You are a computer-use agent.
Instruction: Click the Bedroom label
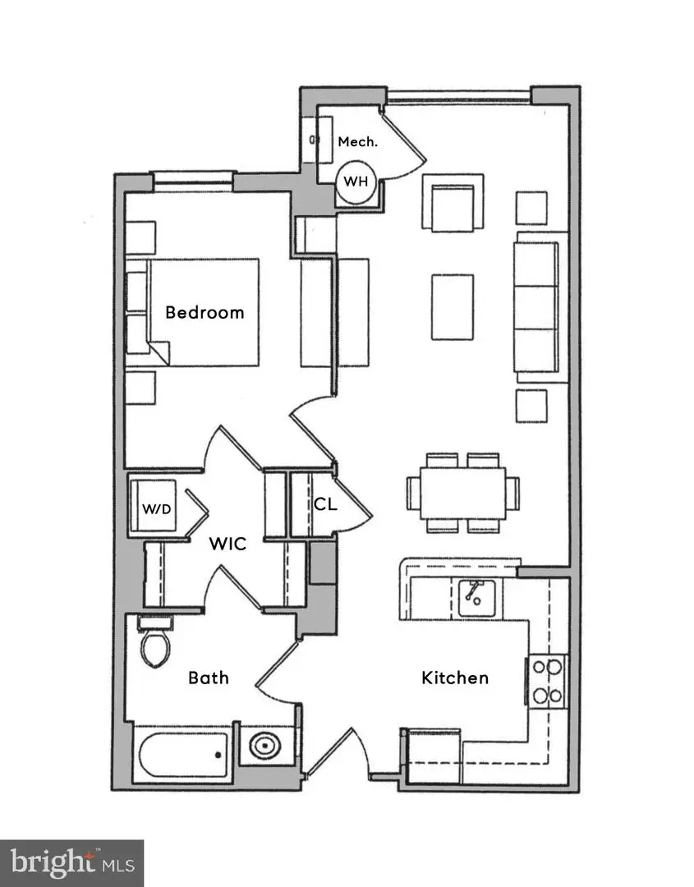click(x=205, y=312)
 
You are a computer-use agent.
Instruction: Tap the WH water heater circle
click(x=356, y=182)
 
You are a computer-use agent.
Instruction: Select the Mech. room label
click(x=358, y=141)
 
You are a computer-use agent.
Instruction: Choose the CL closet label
click(x=325, y=504)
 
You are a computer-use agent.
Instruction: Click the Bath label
click(x=209, y=678)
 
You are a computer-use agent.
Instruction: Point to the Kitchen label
click(x=455, y=678)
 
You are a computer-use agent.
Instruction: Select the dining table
click(x=462, y=493)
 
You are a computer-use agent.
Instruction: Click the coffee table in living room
click(x=452, y=306)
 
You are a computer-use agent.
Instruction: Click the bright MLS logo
click(x=72, y=862)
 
